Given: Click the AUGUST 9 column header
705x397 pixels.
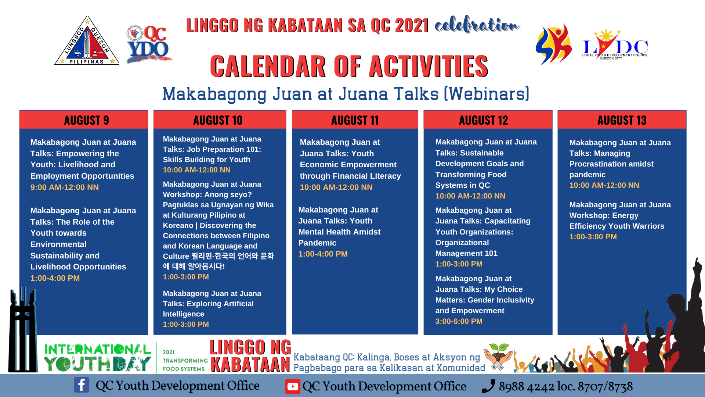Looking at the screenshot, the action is point(86,120).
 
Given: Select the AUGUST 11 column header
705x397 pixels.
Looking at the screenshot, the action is point(355,120).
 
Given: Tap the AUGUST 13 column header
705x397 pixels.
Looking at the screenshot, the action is point(622,120).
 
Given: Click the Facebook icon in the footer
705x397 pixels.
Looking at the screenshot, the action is point(81,385).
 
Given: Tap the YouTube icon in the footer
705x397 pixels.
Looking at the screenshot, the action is point(293,386).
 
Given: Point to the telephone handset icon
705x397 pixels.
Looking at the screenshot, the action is point(488,386).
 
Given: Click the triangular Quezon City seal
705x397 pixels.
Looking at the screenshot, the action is point(87,41).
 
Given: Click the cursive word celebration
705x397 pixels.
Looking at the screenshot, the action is point(477,25).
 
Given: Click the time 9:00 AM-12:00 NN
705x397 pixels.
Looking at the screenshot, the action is point(65,187).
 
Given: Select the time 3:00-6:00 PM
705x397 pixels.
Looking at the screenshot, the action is point(459,321).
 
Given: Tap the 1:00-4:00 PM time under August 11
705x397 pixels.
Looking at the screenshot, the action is point(323,254).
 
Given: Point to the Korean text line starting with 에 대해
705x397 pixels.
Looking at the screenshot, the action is point(194,266).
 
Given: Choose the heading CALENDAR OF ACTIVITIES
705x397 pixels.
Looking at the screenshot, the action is point(349,66).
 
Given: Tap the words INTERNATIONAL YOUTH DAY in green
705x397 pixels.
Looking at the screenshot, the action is point(98,357).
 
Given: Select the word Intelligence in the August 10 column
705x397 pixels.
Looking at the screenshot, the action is point(184,314).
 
